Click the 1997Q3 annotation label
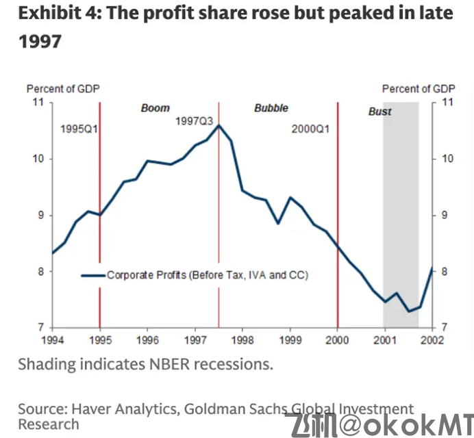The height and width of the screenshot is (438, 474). [195, 120]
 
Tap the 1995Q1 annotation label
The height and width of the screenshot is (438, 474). [79, 129]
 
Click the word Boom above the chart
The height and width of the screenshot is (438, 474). [155, 108]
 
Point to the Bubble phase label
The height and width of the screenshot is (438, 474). [271, 108]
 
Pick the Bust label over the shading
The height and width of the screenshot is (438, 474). [380, 112]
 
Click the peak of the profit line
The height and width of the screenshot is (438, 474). [219, 125]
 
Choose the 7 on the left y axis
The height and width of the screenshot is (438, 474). [40, 328]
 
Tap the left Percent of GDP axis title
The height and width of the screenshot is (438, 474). [63, 89]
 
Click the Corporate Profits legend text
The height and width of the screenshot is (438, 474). [208, 275]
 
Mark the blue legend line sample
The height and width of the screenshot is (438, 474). [93, 275]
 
